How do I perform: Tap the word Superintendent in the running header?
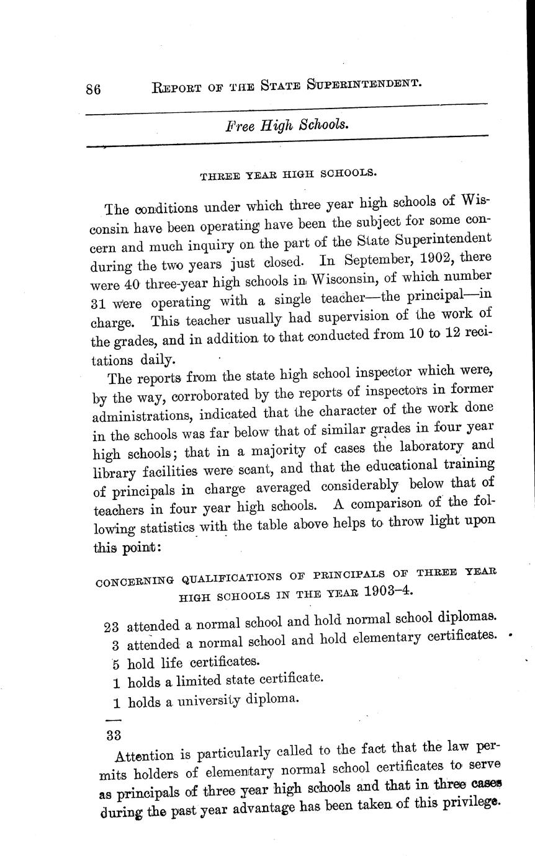[365, 82]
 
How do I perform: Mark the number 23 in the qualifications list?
[114, 625]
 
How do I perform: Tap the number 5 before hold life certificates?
[115, 662]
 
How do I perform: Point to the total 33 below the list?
[114, 735]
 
